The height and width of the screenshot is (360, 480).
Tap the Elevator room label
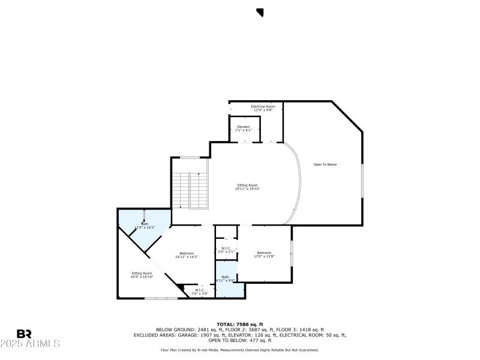coord(244,128)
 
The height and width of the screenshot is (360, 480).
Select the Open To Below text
coord(325,164)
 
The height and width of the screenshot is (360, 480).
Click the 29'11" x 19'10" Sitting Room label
coord(247,187)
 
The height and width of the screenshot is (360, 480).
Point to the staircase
coord(190,190)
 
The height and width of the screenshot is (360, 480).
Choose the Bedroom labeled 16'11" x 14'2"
coord(186,255)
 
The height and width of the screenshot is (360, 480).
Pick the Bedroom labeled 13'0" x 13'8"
coord(265,254)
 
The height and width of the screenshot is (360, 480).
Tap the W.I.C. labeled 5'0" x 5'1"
coord(226,250)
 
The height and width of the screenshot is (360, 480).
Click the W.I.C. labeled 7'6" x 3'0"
coord(199,292)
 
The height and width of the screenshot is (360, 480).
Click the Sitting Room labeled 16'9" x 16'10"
coord(142,275)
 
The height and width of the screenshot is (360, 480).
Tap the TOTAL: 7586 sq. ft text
coord(239,324)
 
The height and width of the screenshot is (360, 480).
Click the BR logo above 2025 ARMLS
coord(24,334)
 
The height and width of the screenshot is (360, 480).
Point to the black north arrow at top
coord(260,12)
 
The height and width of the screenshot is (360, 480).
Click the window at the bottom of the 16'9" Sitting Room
coord(161,298)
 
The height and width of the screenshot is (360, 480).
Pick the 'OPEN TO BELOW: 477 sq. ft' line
coord(239,340)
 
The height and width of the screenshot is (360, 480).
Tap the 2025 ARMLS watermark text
coord(30,344)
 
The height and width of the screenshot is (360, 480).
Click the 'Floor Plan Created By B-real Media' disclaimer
coord(239,350)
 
